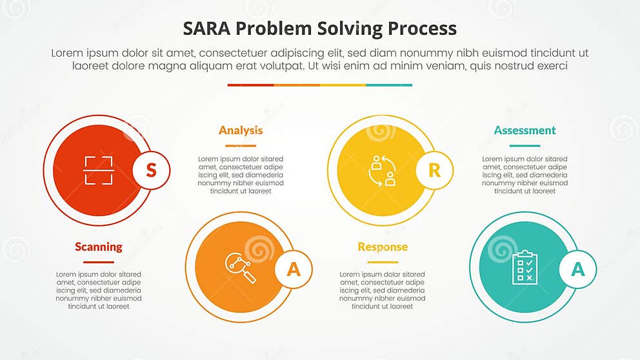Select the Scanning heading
click(99, 246)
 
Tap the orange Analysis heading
click(241, 130)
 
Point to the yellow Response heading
click(383, 246)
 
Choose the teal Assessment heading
click(525, 130)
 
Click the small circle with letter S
click(151, 170)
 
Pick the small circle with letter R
click(434, 170)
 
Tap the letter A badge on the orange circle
click(293, 269)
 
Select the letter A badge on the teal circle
click(577, 269)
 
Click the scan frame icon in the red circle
click(99, 170)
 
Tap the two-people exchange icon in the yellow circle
click(382, 170)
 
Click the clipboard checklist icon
click(525, 267)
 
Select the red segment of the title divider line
click(250, 85)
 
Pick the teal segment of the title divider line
click(389, 85)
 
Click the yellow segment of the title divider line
click(343, 85)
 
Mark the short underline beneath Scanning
click(99, 262)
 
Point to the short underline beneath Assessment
click(525, 146)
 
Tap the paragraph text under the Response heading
click(383, 290)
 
